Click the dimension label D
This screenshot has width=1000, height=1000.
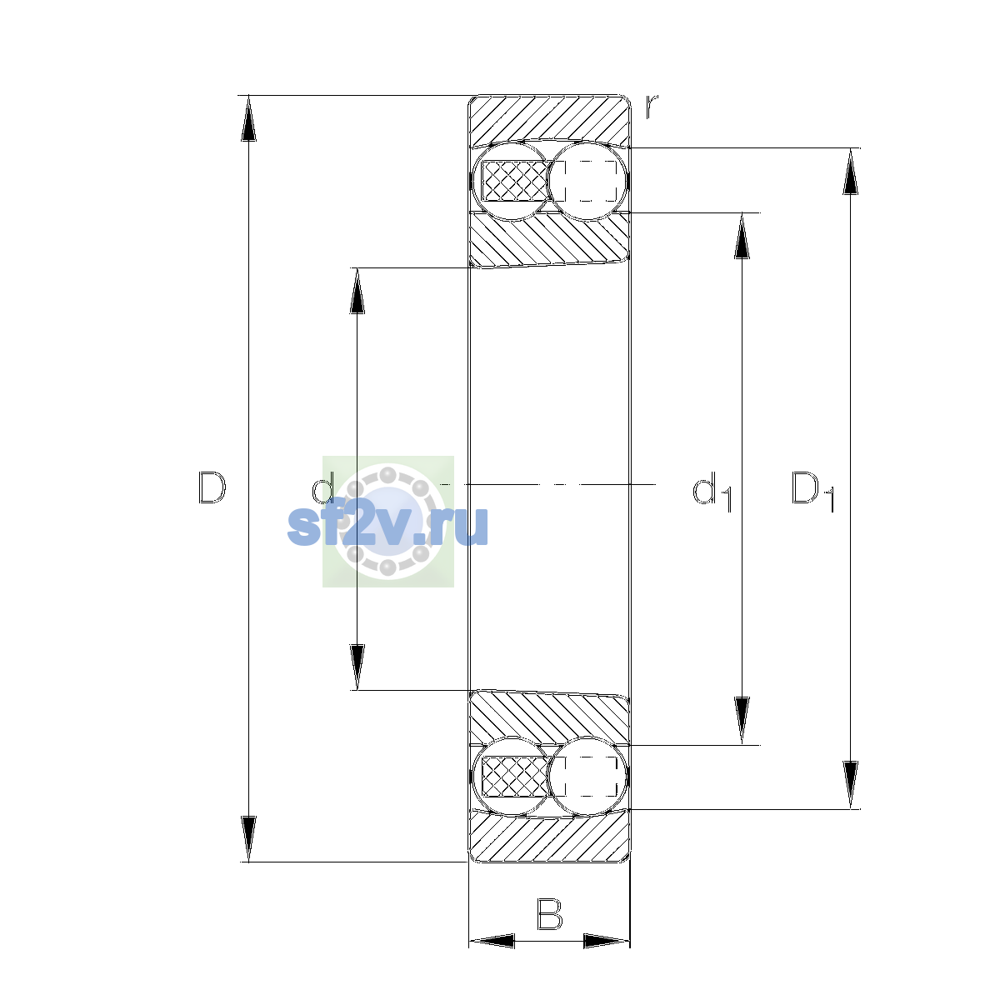[212, 487]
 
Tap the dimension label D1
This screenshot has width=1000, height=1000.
[812, 490]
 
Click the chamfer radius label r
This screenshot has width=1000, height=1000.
[652, 107]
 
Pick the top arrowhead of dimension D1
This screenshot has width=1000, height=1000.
[850, 172]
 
